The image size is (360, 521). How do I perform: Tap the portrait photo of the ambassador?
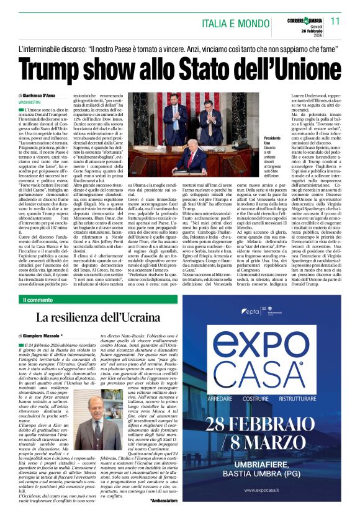[x=98, y=424]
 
